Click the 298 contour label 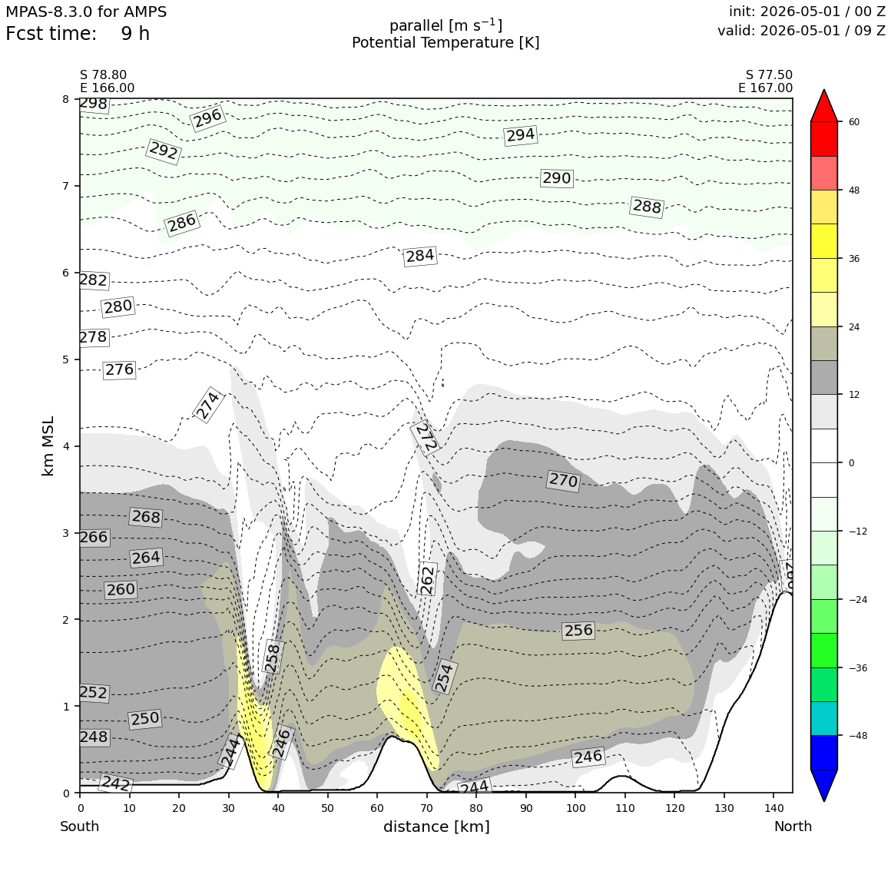(94, 104)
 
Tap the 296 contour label (207, 118)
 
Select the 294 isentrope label (521, 135)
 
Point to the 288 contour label (647, 207)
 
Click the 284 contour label (420, 256)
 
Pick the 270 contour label (563, 481)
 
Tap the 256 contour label (578, 630)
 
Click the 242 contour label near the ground (116, 783)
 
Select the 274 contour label (207, 405)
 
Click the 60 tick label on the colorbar (854, 121)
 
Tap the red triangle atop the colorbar (824, 107)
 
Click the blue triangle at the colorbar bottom (824, 784)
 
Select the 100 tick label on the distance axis (575, 808)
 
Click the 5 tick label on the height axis (66, 359)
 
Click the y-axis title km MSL (48, 446)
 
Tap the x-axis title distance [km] (436, 826)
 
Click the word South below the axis (80, 826)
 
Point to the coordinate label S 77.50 (769, 75)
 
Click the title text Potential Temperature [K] (445, 43)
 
